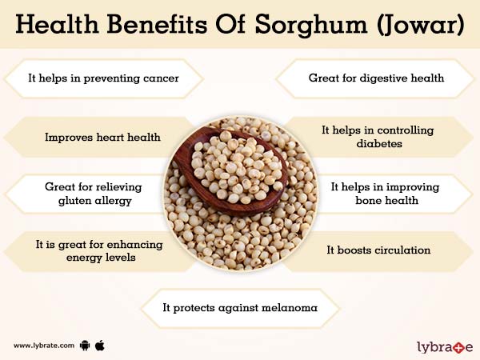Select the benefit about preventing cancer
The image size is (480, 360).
pyautogui.click(x=102, y=78)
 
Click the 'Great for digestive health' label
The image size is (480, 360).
pyautogui.click(x=376, y=78)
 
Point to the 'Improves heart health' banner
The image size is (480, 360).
pyautogui.click(x=102, y=137)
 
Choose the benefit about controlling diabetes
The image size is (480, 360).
pyautogui.click(x=378, y=137)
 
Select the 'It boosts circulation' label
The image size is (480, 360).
pyautogui.click(x=378, y=250)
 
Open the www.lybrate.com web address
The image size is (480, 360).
pyautogui.click(x=44, y=346)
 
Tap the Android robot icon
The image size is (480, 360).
pyautogui.click(x=84, y=346)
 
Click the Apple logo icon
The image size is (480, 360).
pyautogui.click(x=101, y=345)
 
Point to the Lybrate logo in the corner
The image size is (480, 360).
pyautogui.click(x=445, y=346)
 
